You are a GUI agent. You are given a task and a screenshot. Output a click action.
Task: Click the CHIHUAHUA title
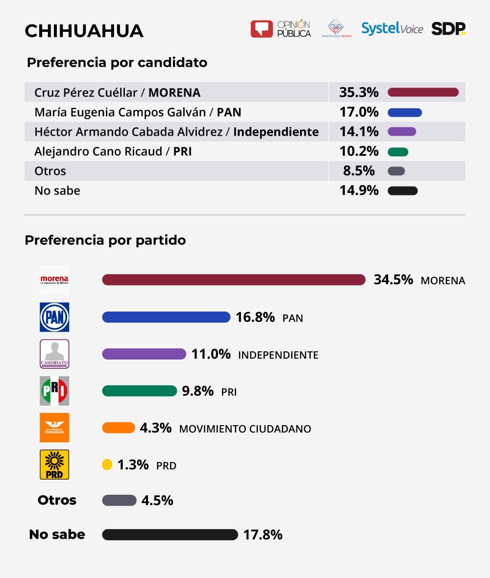(x=84, y=31)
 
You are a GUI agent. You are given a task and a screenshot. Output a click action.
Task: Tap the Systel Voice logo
(x=392, y=29)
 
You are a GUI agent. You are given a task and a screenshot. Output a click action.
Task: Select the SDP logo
(x=448, y=29)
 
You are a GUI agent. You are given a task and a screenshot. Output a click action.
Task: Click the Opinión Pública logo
(x=281, y=29)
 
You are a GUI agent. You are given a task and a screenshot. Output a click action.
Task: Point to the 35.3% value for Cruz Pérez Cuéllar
(x=359, y=92)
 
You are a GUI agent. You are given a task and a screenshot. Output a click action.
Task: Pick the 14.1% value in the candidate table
(x=359, y=132)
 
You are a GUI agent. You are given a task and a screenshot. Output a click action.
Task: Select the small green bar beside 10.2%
(x=398, y=152)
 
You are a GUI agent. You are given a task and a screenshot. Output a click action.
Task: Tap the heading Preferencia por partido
(x=105, y=241)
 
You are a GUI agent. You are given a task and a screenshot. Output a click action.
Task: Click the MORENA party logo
(x=54, y=280)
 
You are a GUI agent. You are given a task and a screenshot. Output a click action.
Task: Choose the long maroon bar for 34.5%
(x=234, y=280)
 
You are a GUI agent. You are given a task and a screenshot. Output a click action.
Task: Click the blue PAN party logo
(x=54, y=317)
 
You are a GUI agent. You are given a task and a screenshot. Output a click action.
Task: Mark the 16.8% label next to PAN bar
(x=255, y=317)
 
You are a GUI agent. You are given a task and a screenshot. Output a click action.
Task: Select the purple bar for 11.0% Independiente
(x=144, y=354)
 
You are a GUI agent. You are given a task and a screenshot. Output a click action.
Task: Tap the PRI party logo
(x=54, y=390)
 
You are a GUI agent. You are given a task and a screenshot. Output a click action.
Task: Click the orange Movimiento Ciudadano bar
(x=119, y=428)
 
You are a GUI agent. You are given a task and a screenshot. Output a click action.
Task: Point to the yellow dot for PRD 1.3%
(x=107, y=464)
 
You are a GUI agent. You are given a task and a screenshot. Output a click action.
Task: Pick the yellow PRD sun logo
(x=54, y=464)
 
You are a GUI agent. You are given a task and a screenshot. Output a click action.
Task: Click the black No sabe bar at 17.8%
(x=170, y=534)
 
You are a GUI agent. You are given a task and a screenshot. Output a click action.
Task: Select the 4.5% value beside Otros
(x=157, y=501)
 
